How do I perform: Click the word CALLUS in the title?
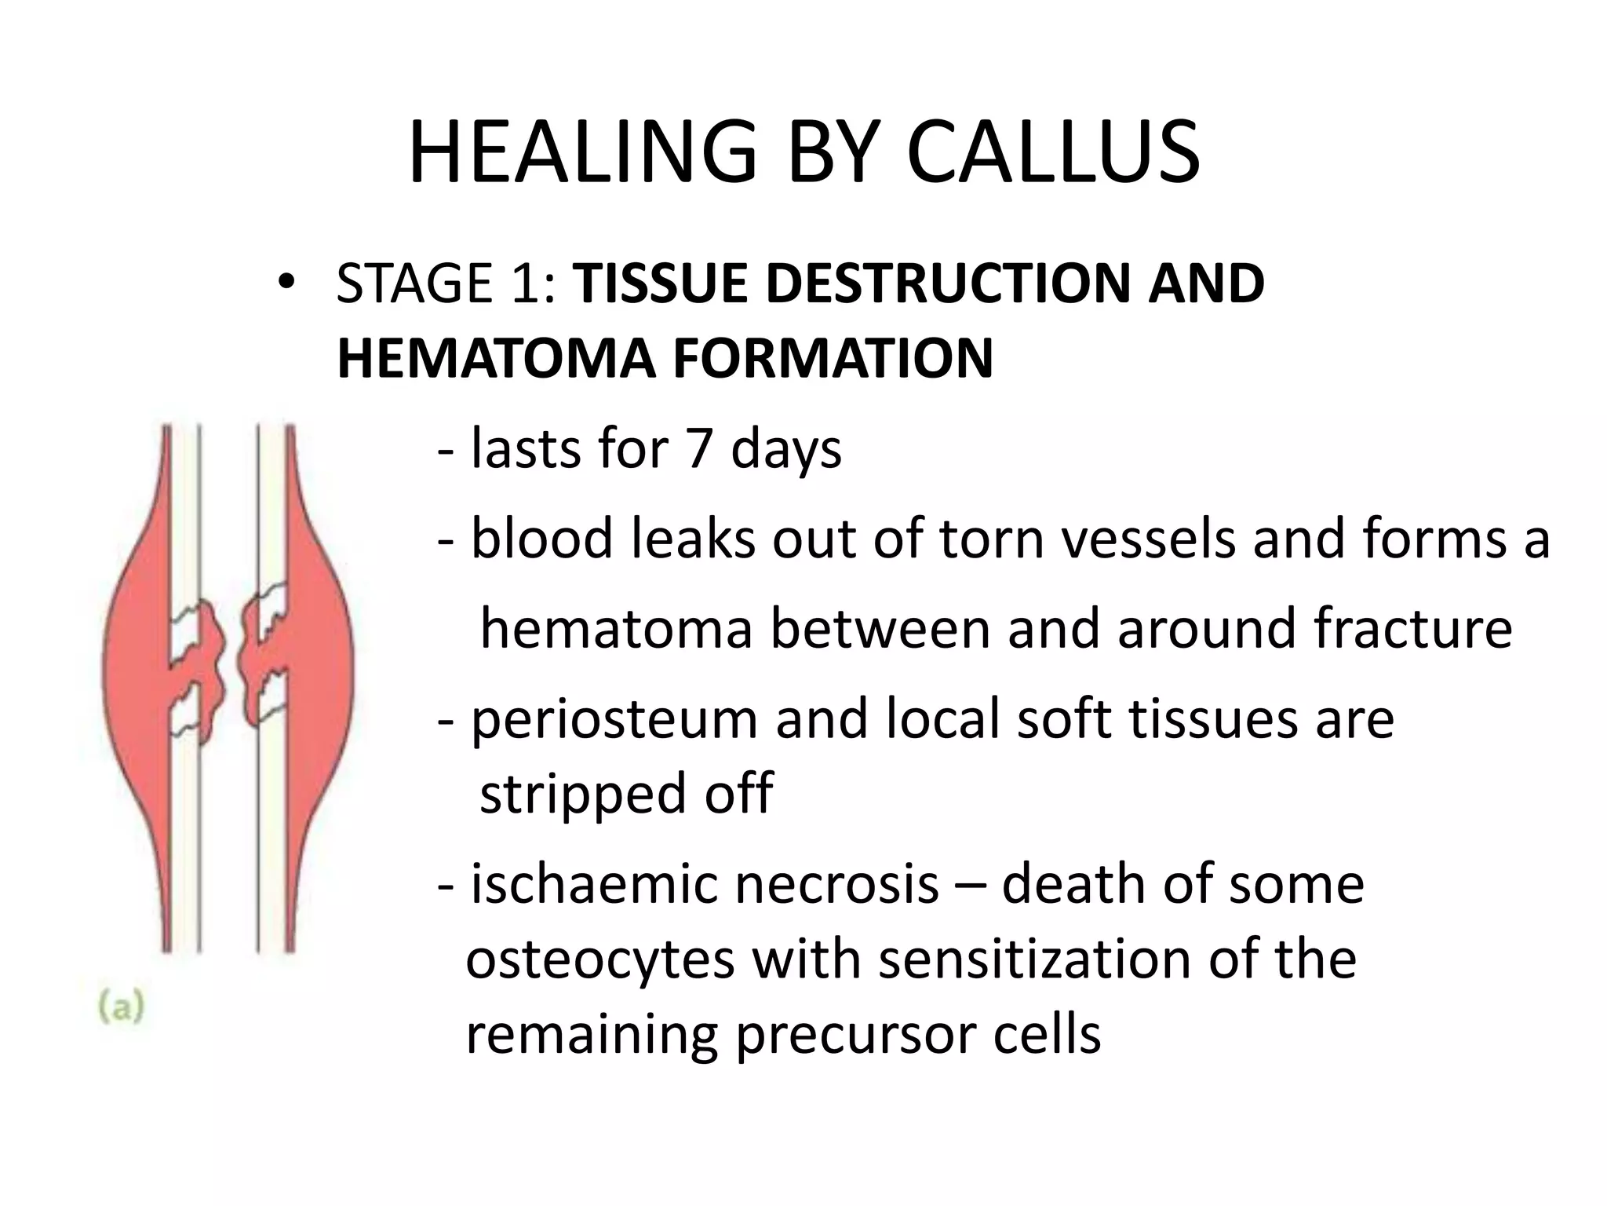(1053, 153)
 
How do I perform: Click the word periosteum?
(614, 719)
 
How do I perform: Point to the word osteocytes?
(600, 959)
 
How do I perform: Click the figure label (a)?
(122, 1007)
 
